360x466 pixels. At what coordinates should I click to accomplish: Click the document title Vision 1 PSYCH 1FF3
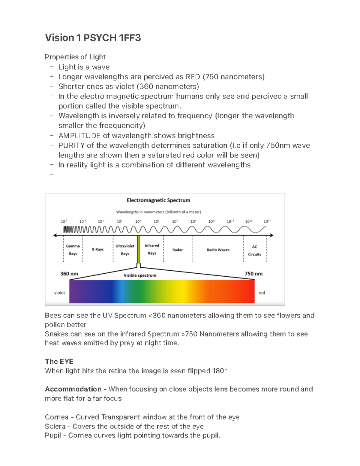click(x=93, y=38)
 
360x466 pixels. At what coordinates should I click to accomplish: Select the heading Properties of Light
click(x=75, y=57)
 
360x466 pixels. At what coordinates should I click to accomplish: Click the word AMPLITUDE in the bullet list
click(x=79, y=136)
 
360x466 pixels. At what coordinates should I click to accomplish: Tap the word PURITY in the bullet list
click(x=71, y=146)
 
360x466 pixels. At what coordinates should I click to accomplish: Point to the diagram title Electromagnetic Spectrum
click(x=158, y=200)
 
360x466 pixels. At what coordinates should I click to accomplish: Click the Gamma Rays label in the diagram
click(x=73, y=250)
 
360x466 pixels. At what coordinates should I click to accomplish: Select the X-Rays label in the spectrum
click(x=97, y=249)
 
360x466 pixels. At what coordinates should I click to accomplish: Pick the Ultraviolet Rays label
click(x=125, y=250)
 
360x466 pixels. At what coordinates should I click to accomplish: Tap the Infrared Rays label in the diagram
click(x=152, y=249)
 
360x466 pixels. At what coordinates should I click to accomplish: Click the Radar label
click(x=177, y=250)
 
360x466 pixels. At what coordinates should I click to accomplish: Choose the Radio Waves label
click(x=218, y=250)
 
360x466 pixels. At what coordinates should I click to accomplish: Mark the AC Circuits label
click(x=254, y=250)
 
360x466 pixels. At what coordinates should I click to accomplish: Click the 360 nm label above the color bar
click(x=69, y=274)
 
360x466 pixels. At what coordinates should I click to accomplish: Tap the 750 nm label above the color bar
click(x=253, y=274)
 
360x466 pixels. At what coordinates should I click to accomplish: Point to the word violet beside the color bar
click(x=59, y=293)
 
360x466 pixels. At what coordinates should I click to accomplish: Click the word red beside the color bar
click(x=262, y=293)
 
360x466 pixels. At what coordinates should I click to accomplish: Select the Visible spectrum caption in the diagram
click(x=140, y=275)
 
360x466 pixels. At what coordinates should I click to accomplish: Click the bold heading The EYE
click(x=59, y=361)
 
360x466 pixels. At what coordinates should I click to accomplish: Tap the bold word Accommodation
click(x=73, y=389)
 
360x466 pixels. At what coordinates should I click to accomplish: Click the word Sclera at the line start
click(x=55, y=426)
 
